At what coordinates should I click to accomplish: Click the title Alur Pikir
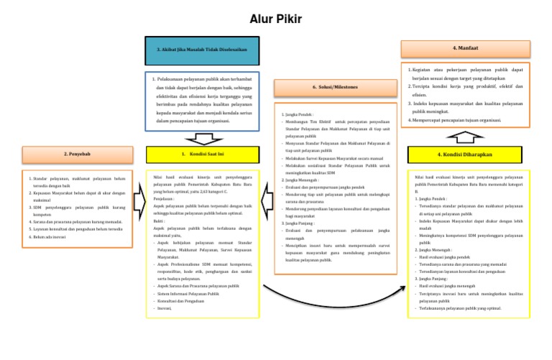276,18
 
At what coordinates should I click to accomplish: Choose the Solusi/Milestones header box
335,87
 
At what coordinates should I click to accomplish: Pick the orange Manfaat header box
464,48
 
